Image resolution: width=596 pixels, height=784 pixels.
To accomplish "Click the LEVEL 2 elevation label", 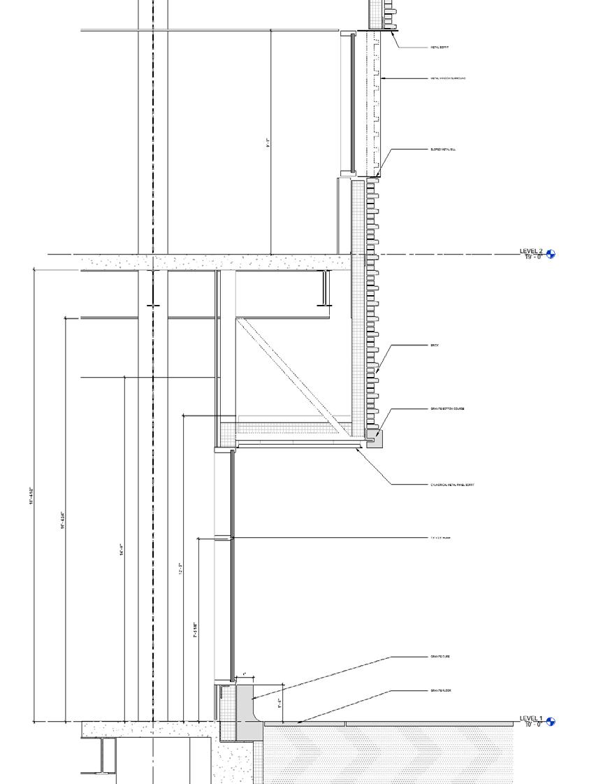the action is [530, 251].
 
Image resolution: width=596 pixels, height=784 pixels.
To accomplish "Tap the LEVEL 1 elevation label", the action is [530, 718].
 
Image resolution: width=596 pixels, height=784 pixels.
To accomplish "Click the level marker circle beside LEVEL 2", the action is [551, 255].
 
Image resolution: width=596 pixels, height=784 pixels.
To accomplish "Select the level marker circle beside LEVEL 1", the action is [551, 722].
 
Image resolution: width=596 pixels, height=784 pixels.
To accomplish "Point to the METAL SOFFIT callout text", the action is [439, 48].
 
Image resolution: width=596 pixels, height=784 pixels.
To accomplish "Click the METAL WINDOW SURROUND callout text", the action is [448, 78].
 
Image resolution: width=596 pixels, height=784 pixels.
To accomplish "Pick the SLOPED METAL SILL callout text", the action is [444, 149].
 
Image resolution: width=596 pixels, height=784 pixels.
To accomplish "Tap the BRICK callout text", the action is [435, 345].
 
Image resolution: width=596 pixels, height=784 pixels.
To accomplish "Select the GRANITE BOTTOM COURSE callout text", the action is [447, 408].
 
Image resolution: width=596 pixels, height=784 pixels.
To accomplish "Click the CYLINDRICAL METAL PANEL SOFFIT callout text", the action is [452, 484].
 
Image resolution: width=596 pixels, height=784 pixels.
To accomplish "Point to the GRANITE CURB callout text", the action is [440, 657].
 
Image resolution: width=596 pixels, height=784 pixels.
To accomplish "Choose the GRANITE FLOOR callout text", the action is [441, 690].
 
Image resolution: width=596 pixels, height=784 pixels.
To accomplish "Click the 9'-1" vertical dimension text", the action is [268, 143].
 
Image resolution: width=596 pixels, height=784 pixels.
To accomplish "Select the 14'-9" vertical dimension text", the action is [122, 550].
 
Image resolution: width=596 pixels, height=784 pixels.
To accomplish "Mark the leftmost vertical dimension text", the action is [31, 497].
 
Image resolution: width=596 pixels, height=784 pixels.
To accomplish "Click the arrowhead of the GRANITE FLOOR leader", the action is [300, 721].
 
